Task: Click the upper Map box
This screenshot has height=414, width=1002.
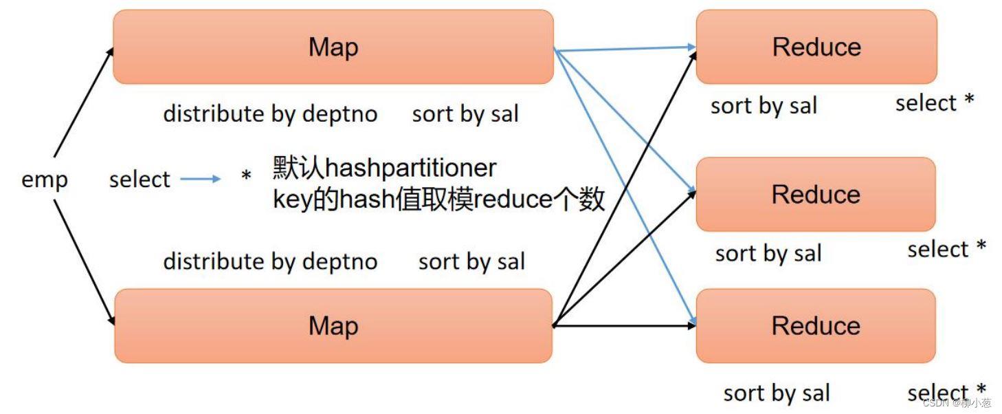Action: click(x=333, y=47)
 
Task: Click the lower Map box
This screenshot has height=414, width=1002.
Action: click(x=333, y=325)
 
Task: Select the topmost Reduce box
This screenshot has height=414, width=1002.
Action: click(x=816, y=47)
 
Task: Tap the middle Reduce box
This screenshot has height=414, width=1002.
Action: click(x=816, y=194)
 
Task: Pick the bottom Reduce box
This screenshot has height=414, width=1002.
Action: click(x=816, y=325)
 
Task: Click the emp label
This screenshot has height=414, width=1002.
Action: click(x=45, y=179)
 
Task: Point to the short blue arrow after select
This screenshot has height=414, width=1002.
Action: click(x=201, y=179)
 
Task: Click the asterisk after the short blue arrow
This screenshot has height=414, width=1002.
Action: click(x=246, y=178)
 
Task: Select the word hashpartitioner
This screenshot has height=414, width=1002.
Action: click(x=410, y=168)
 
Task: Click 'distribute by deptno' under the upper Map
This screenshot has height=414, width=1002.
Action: click(x=270, y=113)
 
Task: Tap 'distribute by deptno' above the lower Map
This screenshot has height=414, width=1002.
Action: click(x=270, y=261)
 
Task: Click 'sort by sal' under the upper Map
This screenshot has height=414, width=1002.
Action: click(x=465, y=114)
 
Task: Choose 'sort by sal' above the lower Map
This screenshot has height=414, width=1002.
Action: click(x=471, y=261)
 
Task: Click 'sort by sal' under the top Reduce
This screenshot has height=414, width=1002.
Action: click(x=764, y=106)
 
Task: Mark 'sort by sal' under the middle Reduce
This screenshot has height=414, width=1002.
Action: click(x=768, y=253)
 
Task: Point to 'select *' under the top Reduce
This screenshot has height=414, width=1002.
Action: click(x=935, y=103)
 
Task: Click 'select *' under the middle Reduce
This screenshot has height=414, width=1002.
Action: click(x=946, y=249)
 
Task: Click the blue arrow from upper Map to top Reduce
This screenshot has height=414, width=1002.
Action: click(x=625, y=48)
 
